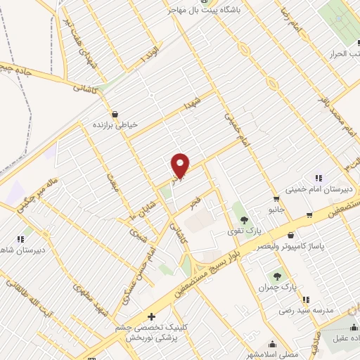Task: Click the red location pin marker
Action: [x=181, y=165]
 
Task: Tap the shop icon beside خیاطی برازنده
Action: [x=115, y=113]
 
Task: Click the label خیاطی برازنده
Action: [x=116, y=124]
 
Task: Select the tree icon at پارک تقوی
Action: [x=244, y=220]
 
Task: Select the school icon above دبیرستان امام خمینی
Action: [x=318, y=178]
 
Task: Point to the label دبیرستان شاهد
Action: [x=21, y=250]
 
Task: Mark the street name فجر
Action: [x=196, y=203]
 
